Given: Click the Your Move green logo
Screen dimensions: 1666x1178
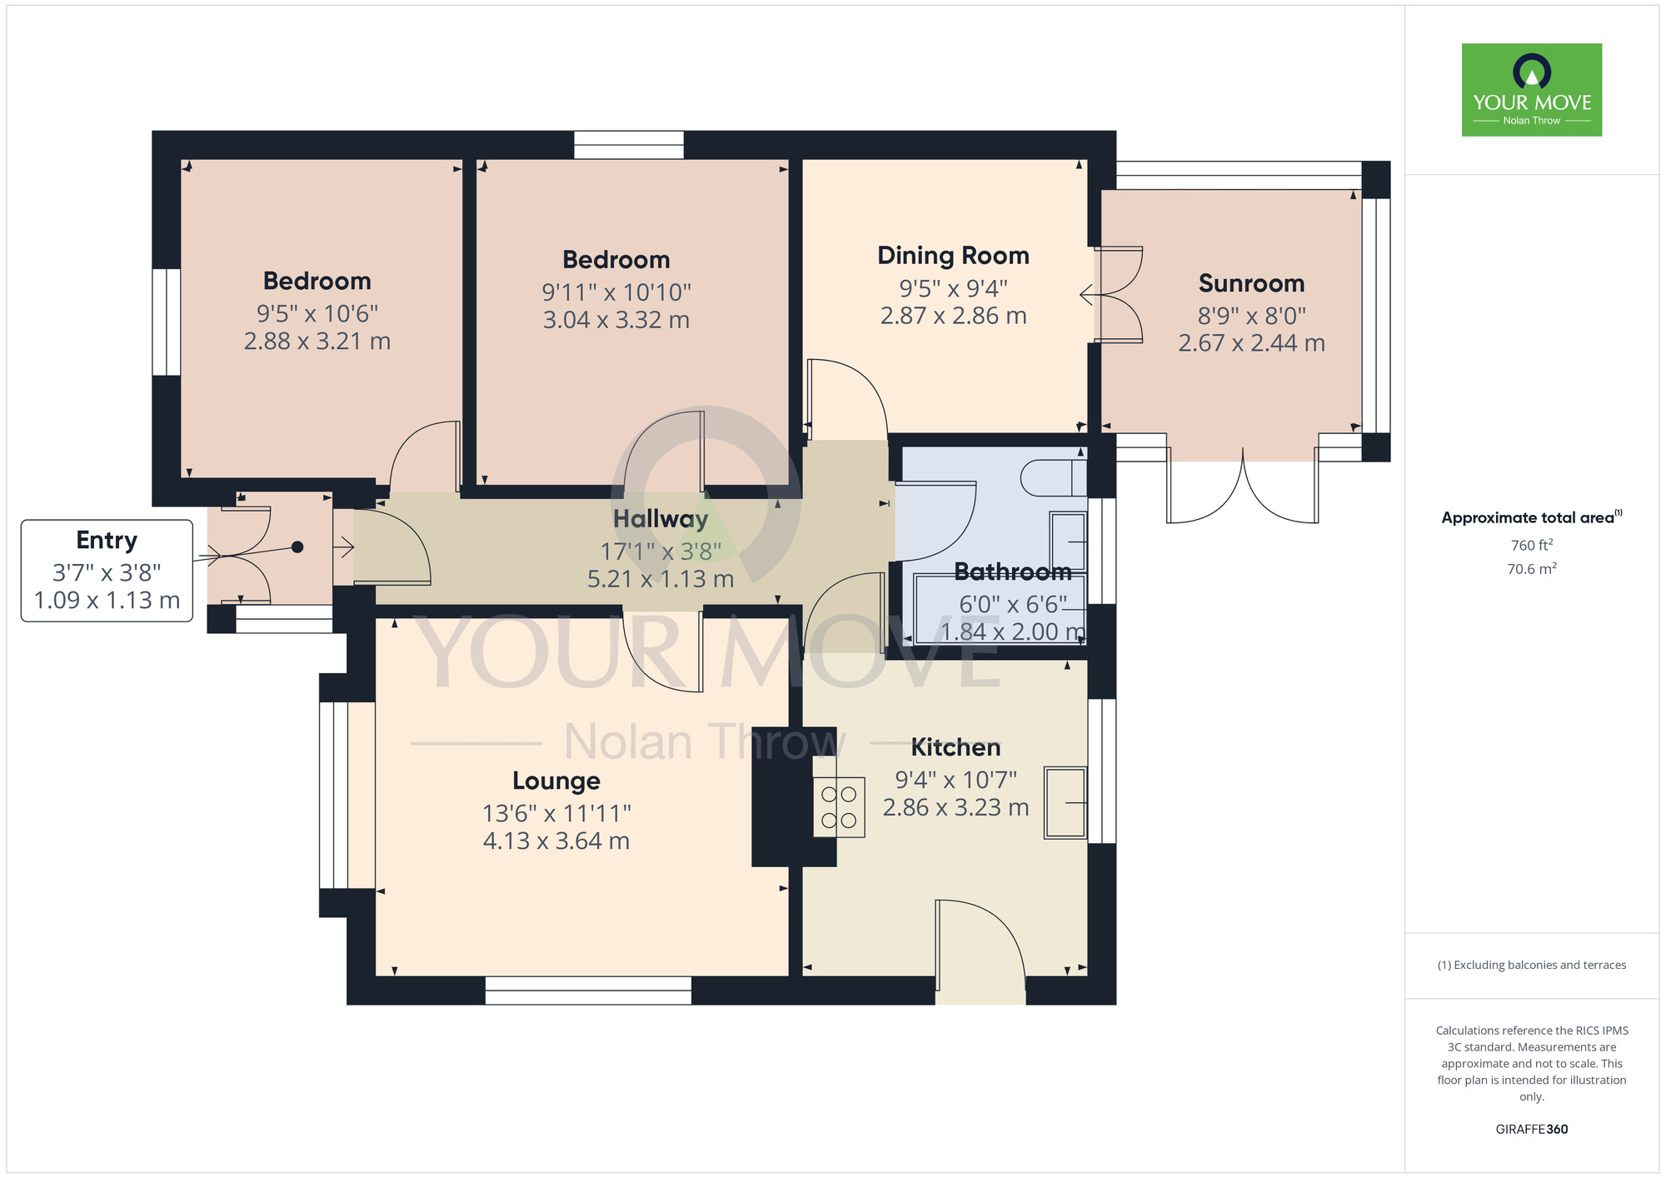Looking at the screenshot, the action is pyautogui.click(x=1531, y=90).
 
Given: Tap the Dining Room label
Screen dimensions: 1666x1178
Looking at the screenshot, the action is pyautogui.click(x=953, y=256).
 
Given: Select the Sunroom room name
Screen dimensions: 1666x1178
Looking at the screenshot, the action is pyautogui.click(x=1251, y=283).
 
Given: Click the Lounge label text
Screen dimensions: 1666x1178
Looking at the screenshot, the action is pyautogui.click(x=556, y=781).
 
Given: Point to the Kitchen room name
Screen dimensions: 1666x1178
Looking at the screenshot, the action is pyautogui.click(x=955, y=747).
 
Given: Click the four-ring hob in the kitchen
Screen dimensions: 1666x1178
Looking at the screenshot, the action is pyautogui.click(x=839, y=807).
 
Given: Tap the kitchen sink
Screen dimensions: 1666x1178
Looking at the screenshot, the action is pyautogui.click(x=1065, y=802).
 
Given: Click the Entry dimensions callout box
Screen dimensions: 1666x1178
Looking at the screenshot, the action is pyautogui.click(x=107, y=571).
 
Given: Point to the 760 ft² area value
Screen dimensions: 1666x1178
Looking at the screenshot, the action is pyautogui.click(x=1532, y=546).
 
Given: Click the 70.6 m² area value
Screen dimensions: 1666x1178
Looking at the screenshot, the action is pyautogui.click(x=1532, y=569).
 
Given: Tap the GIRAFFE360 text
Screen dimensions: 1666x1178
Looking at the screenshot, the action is pyautogui.click(x=1532, y=1130).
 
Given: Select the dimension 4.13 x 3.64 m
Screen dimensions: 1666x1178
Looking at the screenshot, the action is pyautogui.click(x=556, y=841).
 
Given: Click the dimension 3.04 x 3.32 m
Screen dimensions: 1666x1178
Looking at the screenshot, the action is pyautogui.click(x=616, y=320).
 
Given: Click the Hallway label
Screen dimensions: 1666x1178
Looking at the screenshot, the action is pyautogui.click(x=661, y=520).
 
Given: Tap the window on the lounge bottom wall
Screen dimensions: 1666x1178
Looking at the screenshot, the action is pyautogui.click(x=588, y=991).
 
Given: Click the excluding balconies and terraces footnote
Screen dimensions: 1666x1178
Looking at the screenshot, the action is pyautogui.click(x=1532, y=966).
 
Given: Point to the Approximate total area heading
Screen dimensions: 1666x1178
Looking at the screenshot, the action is pyautogui.click(x=1532, y=517).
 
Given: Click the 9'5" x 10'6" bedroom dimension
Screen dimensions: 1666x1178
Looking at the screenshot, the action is pyautogui.click(x=317, y=314).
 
